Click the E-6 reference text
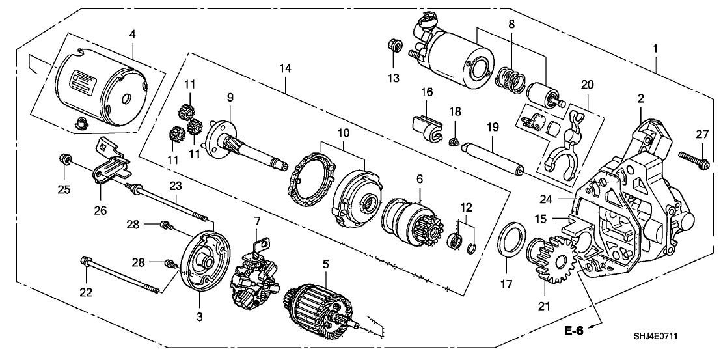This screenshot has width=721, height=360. click(573, 331)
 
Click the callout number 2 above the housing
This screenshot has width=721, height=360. click(641, 99)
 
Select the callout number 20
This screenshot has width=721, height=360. click(587, 84)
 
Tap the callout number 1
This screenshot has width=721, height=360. click(656, 48)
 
